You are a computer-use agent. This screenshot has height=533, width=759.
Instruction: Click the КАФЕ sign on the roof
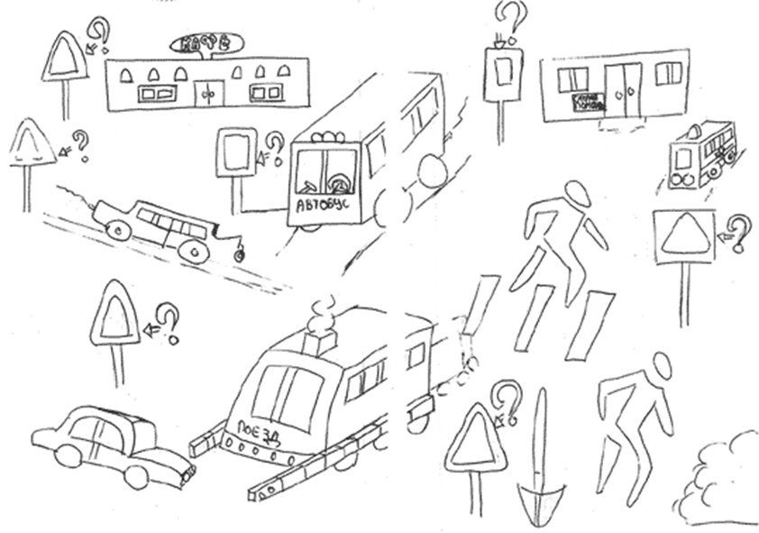[204, 42]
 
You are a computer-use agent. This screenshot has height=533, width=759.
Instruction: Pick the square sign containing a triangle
[683, 234]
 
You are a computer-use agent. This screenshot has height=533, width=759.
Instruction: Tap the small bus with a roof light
[701, 152]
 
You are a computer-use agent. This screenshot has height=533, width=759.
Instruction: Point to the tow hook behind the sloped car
[239, 253]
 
